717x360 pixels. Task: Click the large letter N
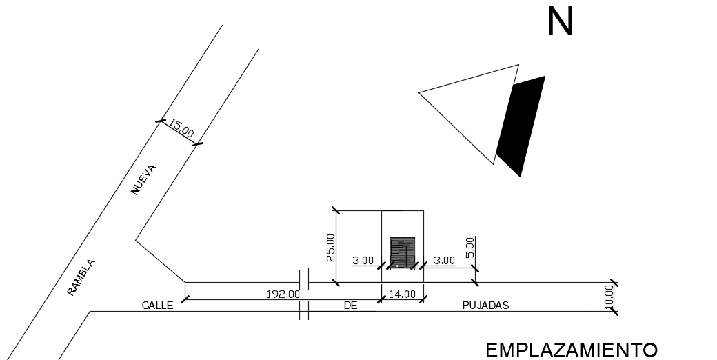tap(560, 22)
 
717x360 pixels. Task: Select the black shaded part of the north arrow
tap(523, 124)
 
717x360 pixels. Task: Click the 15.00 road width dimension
tap(181, 128)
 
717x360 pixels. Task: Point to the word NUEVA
tap(145, 180)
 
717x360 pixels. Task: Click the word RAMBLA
tap(81, 277)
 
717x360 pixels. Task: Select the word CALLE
tap(157, 305)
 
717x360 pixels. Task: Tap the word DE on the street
tap(350, 306)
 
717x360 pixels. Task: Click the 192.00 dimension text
tap(283, 294)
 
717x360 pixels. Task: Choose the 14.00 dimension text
tap(402, 294)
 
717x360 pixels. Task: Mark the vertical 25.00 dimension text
tap(331, 248)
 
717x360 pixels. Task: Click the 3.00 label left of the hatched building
tap(363, 261)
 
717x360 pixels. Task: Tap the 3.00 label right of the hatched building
tap(444, 261)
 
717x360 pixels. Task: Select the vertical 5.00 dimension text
tap(470, 248)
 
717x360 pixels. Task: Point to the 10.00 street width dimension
tap(608, 297)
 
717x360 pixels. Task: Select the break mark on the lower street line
tap(303, 311)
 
